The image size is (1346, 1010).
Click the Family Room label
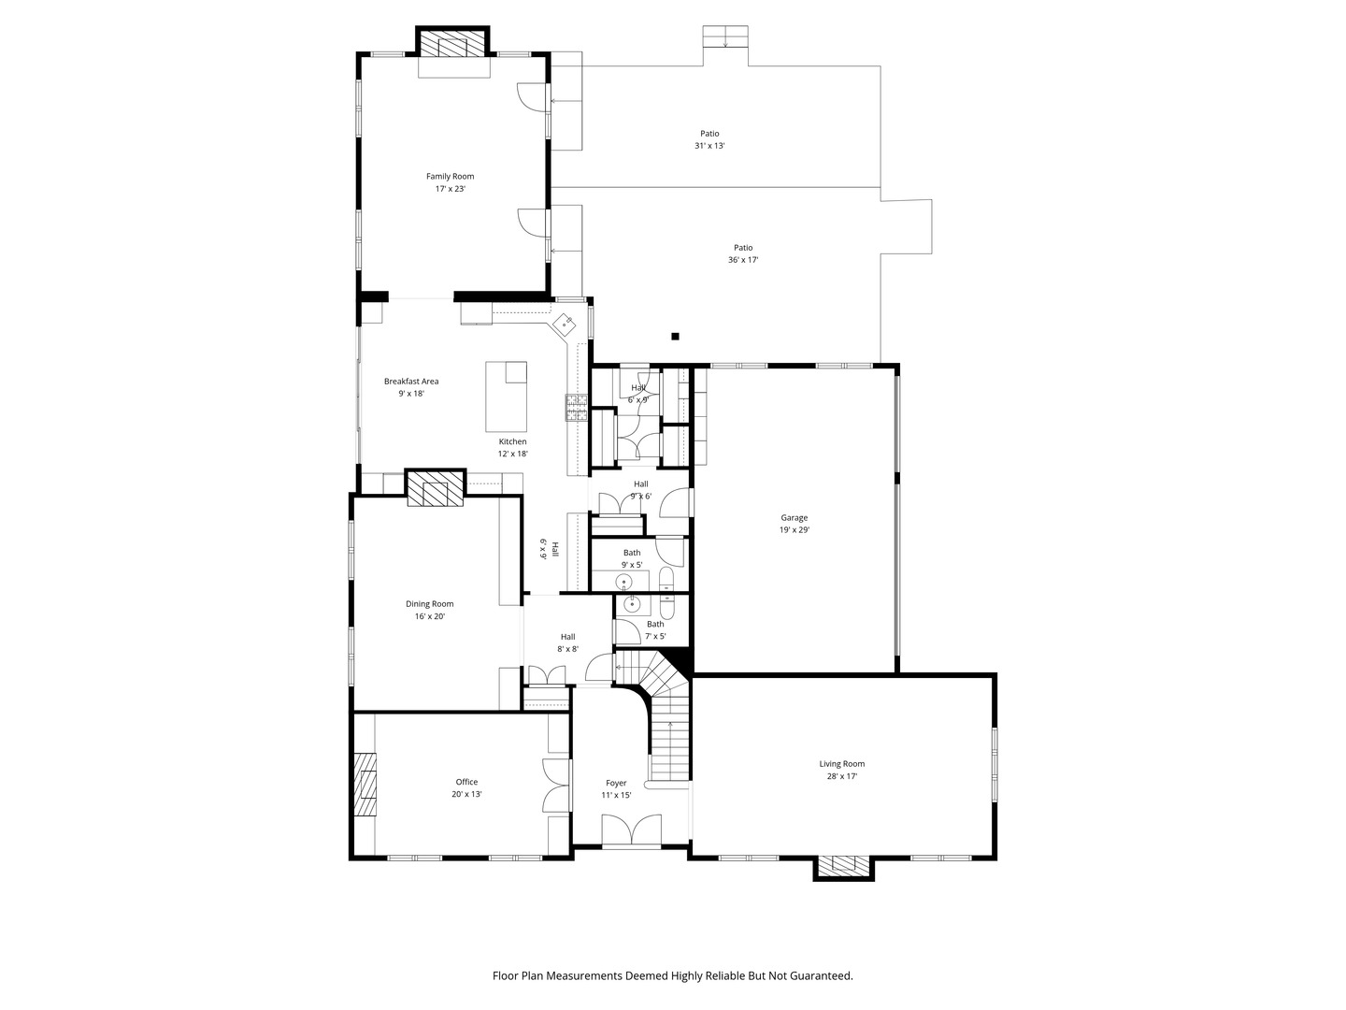point(450,176)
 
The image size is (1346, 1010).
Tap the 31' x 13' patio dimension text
point(709,146)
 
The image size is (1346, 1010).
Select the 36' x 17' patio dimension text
point(743,260)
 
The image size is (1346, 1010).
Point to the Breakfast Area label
point(411,382)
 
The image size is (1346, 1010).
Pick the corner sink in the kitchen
point(566,325)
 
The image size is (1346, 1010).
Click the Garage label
point(795,517)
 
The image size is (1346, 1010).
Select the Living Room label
point(841,763)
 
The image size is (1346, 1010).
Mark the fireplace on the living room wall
point(844,866)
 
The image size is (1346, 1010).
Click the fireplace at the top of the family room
point(453,45)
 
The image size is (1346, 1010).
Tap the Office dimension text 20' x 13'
point(466,794)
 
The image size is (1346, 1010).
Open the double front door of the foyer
point(632,832)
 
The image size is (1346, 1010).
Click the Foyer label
point(616,783)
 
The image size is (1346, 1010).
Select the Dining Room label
point(430,603)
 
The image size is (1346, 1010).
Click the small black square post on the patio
point(676,337)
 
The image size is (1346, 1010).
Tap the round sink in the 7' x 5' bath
point(632,604)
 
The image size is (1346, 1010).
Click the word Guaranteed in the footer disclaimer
point(819,975)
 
